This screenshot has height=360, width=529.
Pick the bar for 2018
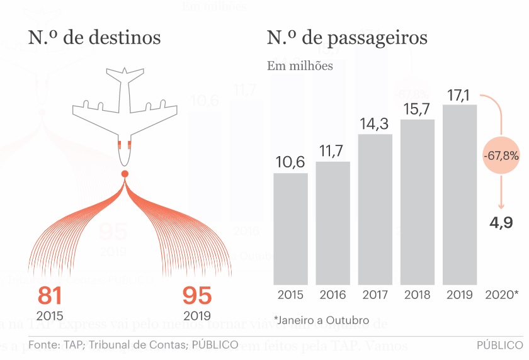click(418, 201)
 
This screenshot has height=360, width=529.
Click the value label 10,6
click(290, 162)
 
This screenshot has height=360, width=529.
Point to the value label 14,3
click(375, 124)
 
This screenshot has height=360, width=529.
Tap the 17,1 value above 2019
click(460, 95)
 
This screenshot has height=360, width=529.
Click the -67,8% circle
click(501, 154)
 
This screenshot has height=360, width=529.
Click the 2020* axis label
click(502, 295)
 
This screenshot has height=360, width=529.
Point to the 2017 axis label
click(375, 295)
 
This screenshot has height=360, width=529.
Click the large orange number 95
click(196, 296)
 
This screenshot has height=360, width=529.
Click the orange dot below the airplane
click(125, 174)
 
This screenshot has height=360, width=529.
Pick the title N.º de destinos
click(94, 38)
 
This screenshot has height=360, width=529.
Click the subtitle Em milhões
click(300, 66)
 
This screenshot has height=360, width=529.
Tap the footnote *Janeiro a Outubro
click(321, 320)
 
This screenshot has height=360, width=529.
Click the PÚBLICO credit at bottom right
click(499, 345)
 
